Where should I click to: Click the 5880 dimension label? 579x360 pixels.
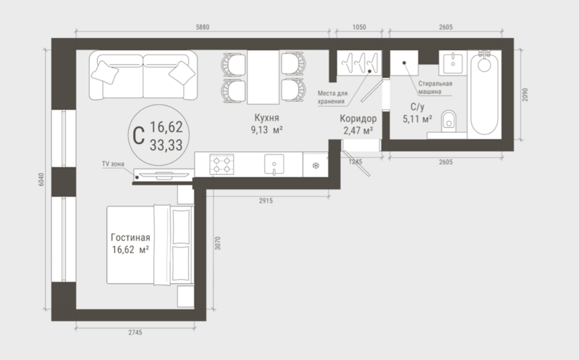(203, 27)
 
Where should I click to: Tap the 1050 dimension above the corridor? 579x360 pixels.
(359, 27)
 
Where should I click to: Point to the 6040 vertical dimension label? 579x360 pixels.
(41, 179)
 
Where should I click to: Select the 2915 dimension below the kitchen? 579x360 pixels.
(266, 201)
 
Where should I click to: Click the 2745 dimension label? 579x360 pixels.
(135, 332)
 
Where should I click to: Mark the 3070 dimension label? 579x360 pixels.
(217, 243)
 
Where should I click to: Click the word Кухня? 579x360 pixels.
(266, 118)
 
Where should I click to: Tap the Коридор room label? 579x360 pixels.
(358, 118)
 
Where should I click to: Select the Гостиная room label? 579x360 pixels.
(131, 238)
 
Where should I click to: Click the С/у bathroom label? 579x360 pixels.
(418, 107)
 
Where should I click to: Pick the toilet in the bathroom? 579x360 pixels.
(448, 120)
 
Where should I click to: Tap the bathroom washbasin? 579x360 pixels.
(453, 63)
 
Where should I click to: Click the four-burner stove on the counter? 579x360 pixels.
(221, 164)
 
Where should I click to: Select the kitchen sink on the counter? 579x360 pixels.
(274, 164)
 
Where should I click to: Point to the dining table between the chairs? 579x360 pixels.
(263, 77)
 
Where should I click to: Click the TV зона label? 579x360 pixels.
(113, 164)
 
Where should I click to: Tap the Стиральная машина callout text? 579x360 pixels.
(435, 87)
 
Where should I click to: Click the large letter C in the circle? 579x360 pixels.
(138, 136)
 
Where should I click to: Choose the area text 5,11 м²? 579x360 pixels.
(418, 119)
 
